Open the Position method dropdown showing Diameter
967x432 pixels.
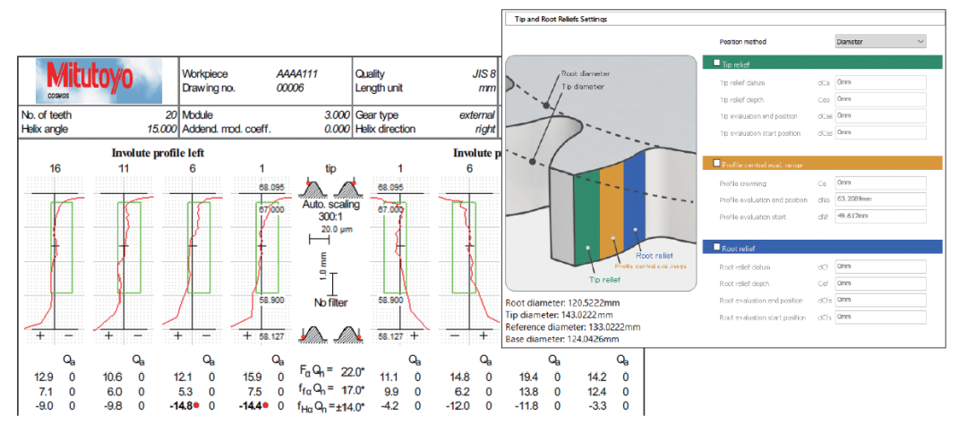[x=879, y=41]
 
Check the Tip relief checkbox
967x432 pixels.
[x=715, y=64]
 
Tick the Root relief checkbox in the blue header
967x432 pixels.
[x=715, y=247]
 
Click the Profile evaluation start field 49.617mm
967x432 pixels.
[x=879, y=216]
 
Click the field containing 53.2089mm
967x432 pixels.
[x=879, y=199]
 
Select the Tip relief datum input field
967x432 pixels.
[x=879, y=82]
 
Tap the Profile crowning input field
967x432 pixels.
[x=879, y=182]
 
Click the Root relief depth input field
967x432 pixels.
[x=879, y=283]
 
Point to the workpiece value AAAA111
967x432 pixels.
[x=297, y=74]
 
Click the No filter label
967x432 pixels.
[x=332, y=302]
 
